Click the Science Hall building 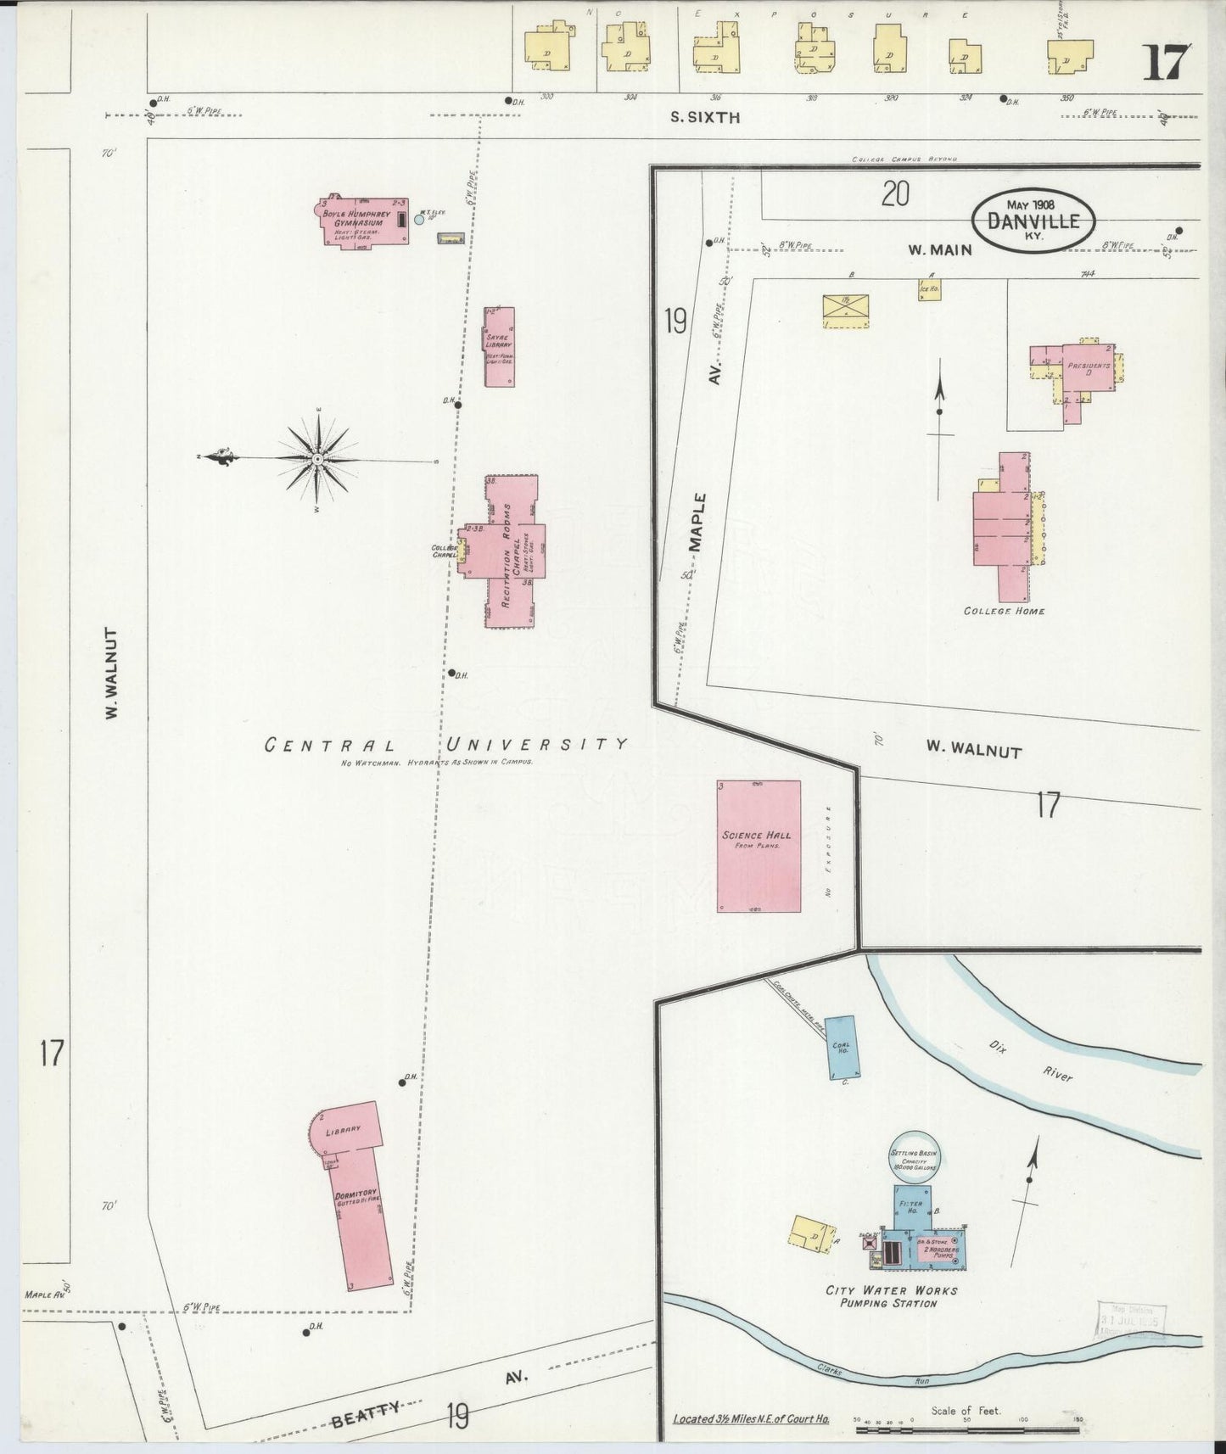click(759, 846)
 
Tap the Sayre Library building click(499, 347)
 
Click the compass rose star click(316, 459)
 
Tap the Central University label click(445, 745)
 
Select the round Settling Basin click(913, 1155)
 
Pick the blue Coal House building click(842, 1047)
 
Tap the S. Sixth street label click(704, 118)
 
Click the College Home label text click(1004, 611)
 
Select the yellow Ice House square click(929, 289)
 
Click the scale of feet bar click(967, 1429)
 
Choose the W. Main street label click(939, 250)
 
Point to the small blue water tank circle click(418, 219)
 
